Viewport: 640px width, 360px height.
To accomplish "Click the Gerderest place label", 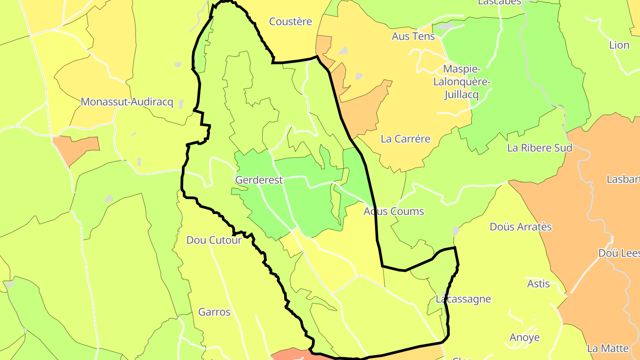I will click(x=259, y=180).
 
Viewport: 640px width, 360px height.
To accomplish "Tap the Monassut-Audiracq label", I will click(x=127, y=102).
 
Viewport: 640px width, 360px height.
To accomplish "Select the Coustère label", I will click(x=291, y=21).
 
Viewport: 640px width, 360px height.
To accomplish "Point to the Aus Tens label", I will click(x=413, y=36).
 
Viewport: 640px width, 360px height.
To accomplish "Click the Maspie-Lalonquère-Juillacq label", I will click(x=462, y=82).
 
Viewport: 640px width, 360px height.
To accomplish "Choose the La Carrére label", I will click(x=405, y=139).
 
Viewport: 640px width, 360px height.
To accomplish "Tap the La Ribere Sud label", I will click(x=540, y=148).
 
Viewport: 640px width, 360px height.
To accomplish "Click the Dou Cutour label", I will click(x=214, y=240).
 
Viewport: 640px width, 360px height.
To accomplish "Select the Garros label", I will click(x=214, y=312).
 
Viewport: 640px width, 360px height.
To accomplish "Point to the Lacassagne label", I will click(x=463, y=299).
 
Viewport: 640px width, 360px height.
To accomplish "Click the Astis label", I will click(x=538, y=284).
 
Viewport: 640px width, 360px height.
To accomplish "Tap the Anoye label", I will click(x=524, y=337).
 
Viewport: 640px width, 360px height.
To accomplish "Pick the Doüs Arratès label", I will click(x=520, y=227).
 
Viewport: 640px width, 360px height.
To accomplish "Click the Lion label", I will click(x=619, y=45).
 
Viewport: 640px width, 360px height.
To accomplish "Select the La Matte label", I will click(x=608, y=348).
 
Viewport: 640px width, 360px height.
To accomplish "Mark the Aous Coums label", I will click(x=394, y=211).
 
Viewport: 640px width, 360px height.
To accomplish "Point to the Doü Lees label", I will click(x=619, y=253).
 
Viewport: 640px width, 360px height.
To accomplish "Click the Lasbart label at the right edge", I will click(x=623, y=179).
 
